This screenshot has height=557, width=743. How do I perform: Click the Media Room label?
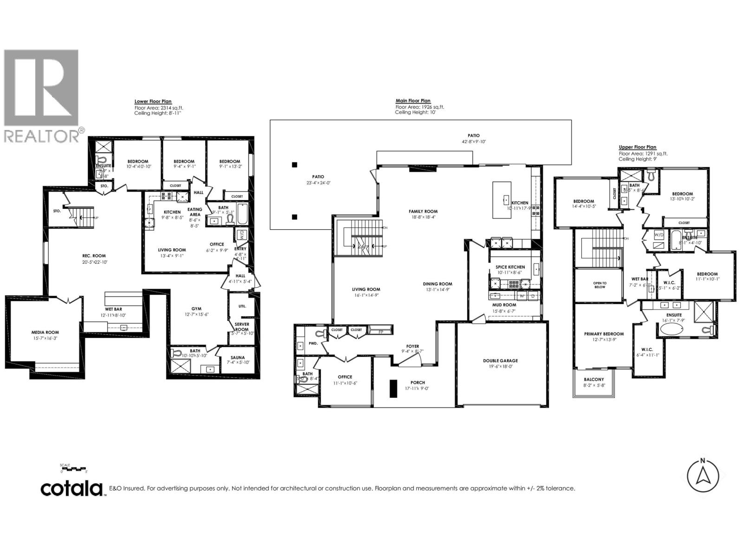click(x=45, y=332)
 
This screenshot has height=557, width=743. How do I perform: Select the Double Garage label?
click(x=500, y=360)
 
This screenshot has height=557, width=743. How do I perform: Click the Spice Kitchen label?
click(x=510, y=267)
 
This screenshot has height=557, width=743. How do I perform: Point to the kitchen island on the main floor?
click(x=502, y=200)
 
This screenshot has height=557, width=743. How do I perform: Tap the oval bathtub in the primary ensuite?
click(x=670, y=330)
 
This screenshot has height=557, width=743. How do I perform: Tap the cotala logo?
click(x=72, y=488)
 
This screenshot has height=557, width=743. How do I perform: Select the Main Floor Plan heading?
click(x=413, y=100)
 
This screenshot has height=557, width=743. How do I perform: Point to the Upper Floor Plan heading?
click(x=637, y=147)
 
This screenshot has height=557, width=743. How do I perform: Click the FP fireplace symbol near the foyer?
click(x=381, y=332)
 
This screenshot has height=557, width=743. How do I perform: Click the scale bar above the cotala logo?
click(x=73, y=469)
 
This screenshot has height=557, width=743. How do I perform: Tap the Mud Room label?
click(x=504, y=305)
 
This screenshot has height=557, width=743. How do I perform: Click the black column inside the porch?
click(x=393, y=388)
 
